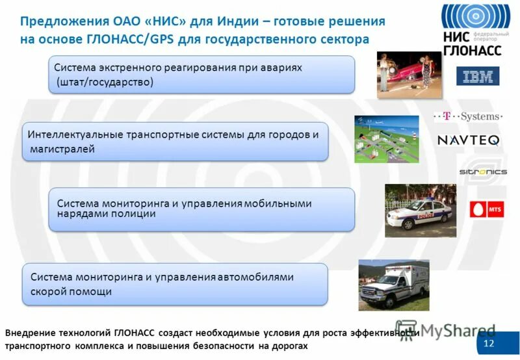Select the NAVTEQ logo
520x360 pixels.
click(x=468, y=140)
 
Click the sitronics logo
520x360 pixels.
click(x=483, y=172)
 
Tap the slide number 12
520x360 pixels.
click(x=489, y=343)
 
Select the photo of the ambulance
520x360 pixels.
click(x=394, y=285)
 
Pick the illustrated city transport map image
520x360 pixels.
click(x=386, y=139)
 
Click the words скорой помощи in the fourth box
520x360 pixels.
click(x=71, y=292)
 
